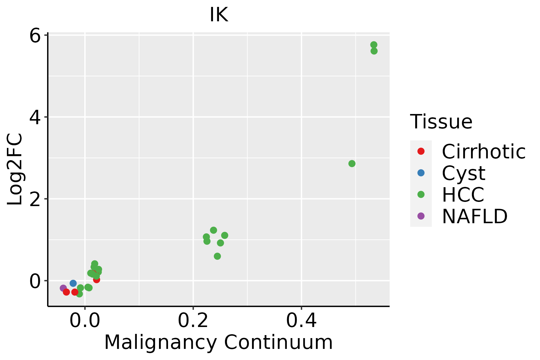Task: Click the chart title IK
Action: tap(219, 15)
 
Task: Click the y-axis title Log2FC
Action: tap(15, 169)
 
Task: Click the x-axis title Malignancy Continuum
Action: tap(218, 342)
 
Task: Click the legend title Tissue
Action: tap(441, 122)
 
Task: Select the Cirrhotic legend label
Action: tap(484, 151)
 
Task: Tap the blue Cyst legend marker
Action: tap(421, 173)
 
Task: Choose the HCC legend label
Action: tap(463, 194)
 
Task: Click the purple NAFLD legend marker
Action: tap(421, 216)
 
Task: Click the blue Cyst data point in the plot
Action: tap(73, 283)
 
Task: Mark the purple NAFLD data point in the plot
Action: tap(63, 288)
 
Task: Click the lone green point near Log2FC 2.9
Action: tap(352, 163)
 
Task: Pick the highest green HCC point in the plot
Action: tap(374, 45)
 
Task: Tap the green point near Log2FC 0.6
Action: tap(217, 256)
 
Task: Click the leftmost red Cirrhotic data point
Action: tap(66, 292)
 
